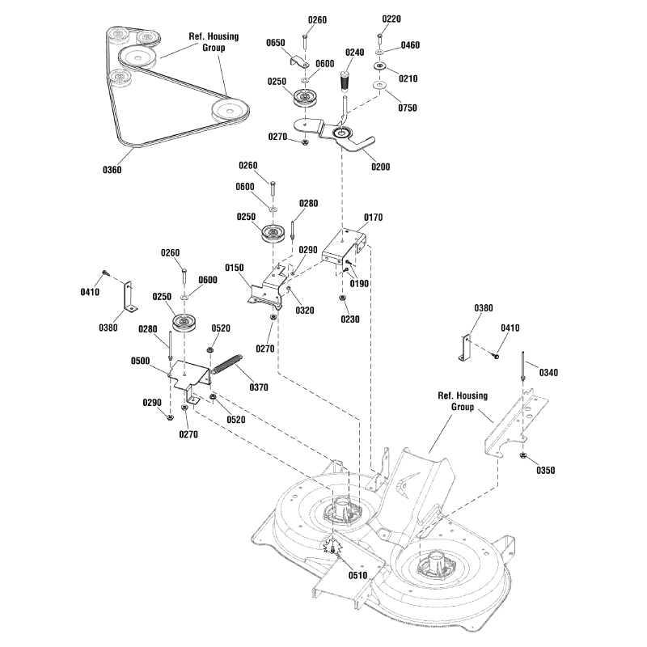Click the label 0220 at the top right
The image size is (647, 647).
(x=390, y=19)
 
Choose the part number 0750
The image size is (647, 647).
(x=407, y=108)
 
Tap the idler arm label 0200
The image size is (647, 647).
(x=379, y=167)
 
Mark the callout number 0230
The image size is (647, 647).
(x=351, y=319)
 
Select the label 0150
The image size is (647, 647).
(x=235, y=267)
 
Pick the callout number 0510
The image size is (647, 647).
(x=357, y=575)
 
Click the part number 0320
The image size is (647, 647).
(x=304, y=310)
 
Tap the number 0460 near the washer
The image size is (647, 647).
(x=410, y=45)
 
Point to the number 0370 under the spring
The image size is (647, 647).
(x=258, y=387)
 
